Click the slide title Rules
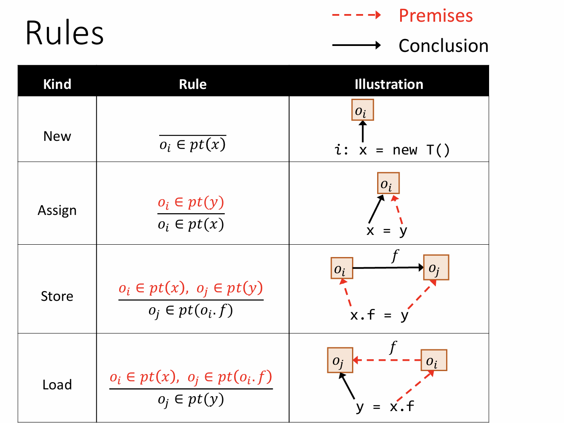click(64, 33)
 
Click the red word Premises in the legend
click(435, 16)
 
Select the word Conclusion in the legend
click(443, 46)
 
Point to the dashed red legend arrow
click(356, 15)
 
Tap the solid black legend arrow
click(356, 45)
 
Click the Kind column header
click(57, 84)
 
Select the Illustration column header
click(389, 84)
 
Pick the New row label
click(57, 136)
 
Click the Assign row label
click(57, 210)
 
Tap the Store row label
click(57, 296)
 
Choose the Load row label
click(57, 385)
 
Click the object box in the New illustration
click(362, 110)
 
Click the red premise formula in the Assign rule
click(191, 203)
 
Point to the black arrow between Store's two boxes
click(387, 268)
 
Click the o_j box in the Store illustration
click(436, 268)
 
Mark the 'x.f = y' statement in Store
click(379, 315)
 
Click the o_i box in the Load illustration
click(433, 360)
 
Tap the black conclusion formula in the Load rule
click(191, 400)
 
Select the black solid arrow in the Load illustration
click(347, 386)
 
